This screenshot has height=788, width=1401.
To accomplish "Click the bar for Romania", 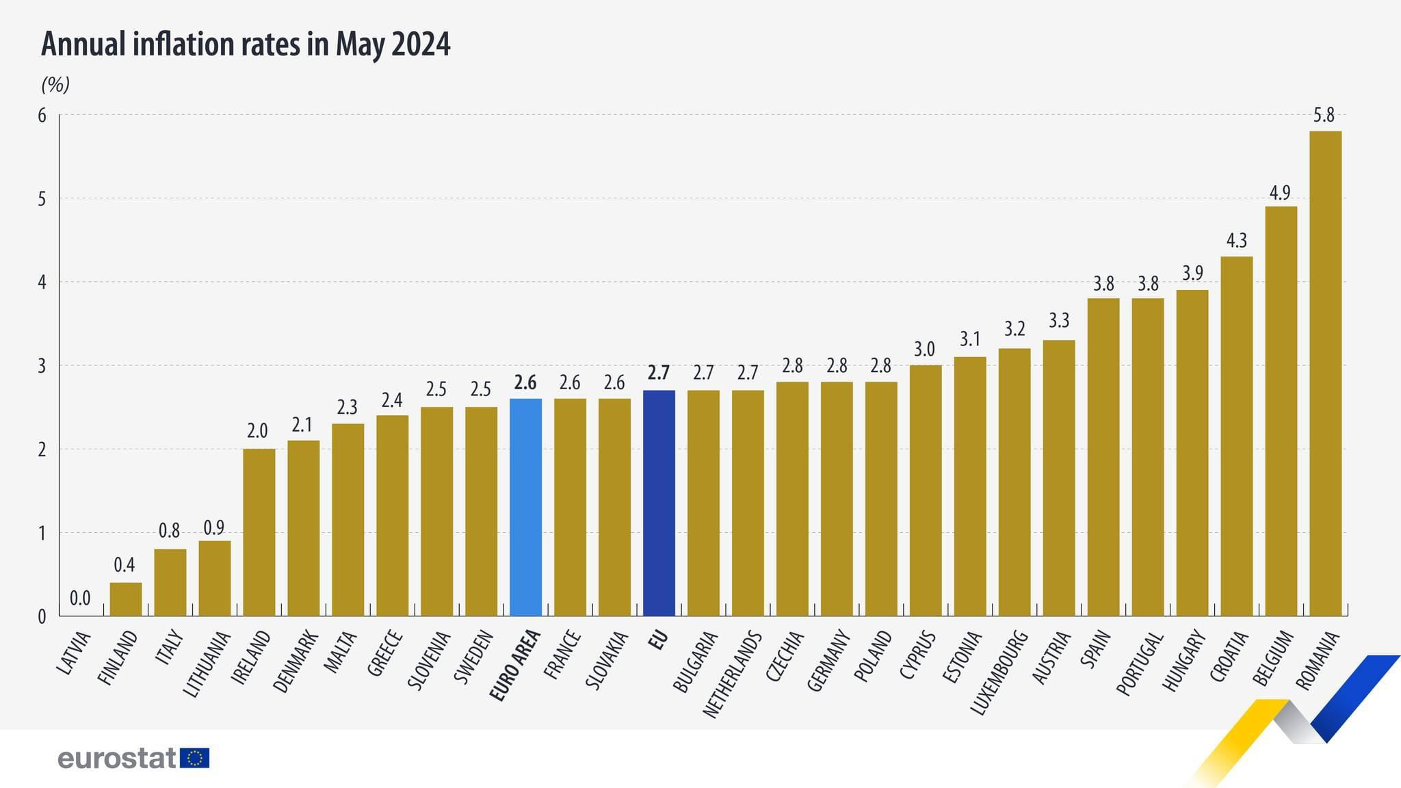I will [x=1325, y=373].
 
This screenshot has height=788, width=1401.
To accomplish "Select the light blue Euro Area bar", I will [x=525, y=507].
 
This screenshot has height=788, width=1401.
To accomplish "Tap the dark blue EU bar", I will [x=659, y=503].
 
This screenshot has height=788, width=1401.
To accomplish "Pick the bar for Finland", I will [x=126, y=599].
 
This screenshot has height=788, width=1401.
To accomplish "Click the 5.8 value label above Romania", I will [x=1324, y=115].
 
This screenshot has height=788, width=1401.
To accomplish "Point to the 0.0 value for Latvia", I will [x=80, y=599].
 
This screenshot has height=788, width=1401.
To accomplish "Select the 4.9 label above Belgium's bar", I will [x=1280, y=192].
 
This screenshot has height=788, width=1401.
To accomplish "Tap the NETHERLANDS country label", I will [x=732, y=674].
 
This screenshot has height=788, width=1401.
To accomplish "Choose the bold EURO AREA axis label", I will [x=515, y=666].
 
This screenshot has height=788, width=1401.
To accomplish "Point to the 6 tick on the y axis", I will [x=42, y=115].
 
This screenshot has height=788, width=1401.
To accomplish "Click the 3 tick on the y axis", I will [x=42, y=366].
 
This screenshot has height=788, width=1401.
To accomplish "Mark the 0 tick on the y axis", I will [x=42, y=616].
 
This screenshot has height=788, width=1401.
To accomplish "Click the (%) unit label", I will [x=55, y=85].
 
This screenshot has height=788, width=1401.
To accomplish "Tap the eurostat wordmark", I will [x=117, y=758].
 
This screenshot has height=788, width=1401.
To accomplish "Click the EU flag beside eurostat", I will [x=195, y=758].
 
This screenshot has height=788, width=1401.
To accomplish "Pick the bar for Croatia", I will [x=1236, y=436].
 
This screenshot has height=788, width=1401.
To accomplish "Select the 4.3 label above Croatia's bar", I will [x=1236, y=241].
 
